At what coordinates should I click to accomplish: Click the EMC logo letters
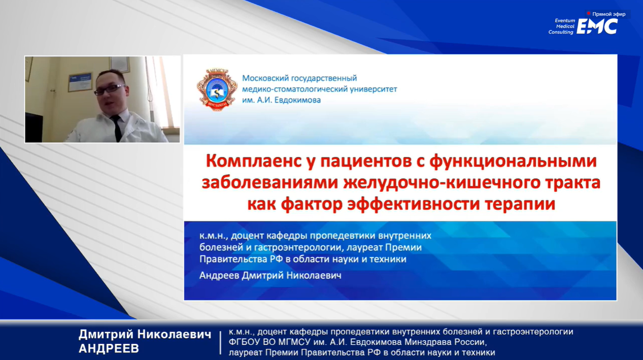pos(597,26)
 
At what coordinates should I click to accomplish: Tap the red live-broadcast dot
pos(589,14)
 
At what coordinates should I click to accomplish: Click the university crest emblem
pos(217,89)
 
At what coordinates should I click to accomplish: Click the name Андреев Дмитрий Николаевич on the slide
pos(270,276)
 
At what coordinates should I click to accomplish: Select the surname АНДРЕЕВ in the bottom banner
pos(109,348)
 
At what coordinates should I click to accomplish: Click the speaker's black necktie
pos(117,128)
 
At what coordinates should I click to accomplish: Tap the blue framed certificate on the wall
pos(80,82)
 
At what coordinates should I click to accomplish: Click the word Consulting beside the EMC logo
pos(561,32)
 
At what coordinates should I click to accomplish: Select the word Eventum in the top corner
pos(565,21)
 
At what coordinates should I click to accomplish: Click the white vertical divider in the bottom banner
pos(220,342)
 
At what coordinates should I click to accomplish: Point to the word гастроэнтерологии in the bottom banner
pos(533,332)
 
